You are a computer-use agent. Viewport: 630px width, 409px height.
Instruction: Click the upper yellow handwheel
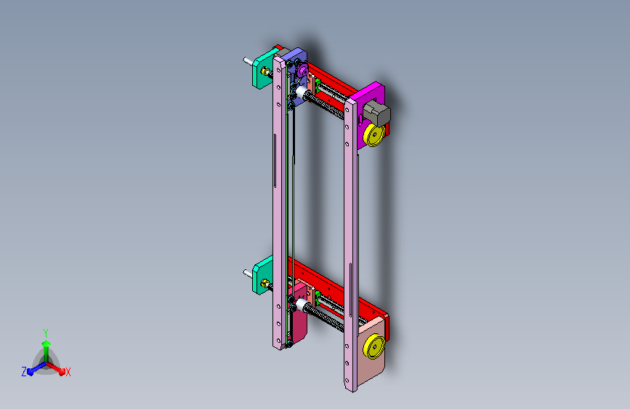point(374,135)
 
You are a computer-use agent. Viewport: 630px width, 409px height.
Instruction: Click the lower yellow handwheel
point(374,346)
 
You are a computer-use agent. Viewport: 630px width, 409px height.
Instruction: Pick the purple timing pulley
point(302,71)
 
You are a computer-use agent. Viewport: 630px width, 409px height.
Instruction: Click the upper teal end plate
point(262,71)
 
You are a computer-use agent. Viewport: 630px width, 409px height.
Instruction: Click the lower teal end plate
point(262,275)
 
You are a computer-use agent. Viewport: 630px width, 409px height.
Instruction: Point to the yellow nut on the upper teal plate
point(264,71)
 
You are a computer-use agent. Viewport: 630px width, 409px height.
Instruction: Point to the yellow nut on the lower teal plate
point(264,282)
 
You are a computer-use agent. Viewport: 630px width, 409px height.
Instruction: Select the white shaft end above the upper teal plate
point(248,61)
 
